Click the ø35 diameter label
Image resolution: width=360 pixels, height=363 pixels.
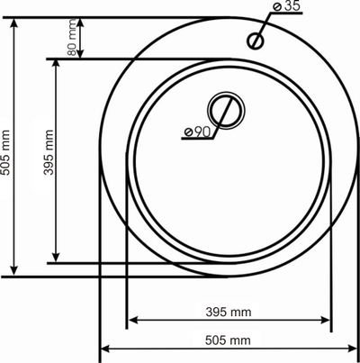pos(287,6)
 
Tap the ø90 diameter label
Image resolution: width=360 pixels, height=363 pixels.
pos(198,132)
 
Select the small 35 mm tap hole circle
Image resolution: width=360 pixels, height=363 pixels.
pos(256,41)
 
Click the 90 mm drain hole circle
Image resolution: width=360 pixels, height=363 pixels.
pos(226,111)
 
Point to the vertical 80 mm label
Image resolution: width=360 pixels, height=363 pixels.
pos(72,37)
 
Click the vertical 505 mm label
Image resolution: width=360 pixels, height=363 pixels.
pos(6,152)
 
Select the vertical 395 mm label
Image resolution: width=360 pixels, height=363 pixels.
pos(49,152)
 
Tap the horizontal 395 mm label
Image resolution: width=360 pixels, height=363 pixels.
pos(229,313)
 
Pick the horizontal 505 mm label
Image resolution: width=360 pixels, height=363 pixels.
pos(228,340)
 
